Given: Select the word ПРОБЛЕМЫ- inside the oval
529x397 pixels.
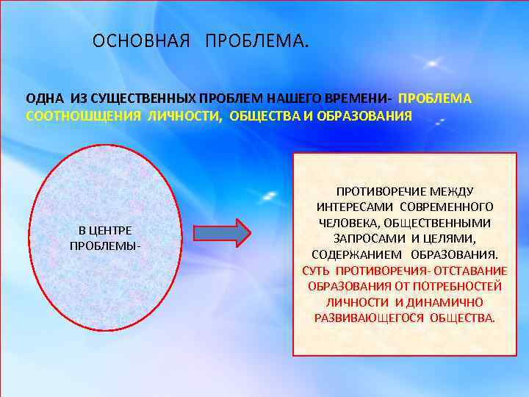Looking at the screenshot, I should pos(105,245).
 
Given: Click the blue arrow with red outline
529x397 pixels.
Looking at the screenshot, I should pos(222,233).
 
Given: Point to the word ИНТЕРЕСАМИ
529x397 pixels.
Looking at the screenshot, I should pos(356,207).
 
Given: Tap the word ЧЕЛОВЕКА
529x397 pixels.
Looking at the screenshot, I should pos(350,223).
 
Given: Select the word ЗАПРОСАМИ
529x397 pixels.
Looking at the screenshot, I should pos(366,238).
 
